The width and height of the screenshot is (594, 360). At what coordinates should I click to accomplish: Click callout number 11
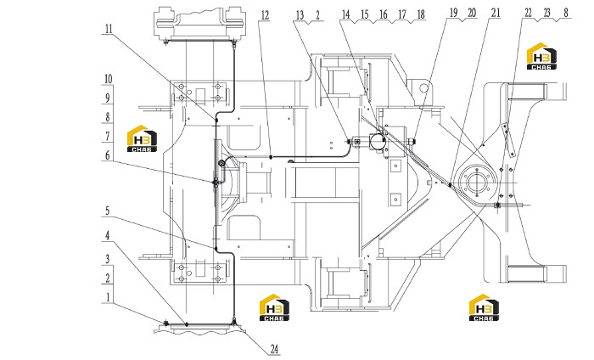click(109, 29)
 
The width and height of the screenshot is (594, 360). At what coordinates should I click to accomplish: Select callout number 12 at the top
click(265, 15)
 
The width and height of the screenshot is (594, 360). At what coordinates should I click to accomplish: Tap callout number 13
click(300, 15)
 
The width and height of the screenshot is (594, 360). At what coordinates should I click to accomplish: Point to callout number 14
click(346, 14)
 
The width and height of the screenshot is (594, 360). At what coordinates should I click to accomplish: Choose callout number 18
click(421, 14)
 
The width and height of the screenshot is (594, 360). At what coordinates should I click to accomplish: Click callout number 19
click(453, 13)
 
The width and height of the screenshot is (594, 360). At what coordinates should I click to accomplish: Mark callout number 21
click(496, 13)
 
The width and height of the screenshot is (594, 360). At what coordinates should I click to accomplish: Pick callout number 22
click(529, 13)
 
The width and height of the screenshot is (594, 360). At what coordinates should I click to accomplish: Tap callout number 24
click(275, 349)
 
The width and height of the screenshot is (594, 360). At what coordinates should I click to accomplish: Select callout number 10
click(109, 79)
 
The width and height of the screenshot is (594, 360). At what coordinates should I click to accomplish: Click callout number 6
click(108, 155)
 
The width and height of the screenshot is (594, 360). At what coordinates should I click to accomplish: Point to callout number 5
click(108, 211)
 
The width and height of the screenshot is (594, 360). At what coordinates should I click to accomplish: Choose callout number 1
click(108, 297)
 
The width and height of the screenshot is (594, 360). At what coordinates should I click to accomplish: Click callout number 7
click(108, 136)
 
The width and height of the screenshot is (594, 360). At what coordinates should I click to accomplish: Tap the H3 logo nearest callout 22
click(541, 56)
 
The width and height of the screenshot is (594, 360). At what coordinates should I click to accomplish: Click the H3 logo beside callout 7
click(142, 138)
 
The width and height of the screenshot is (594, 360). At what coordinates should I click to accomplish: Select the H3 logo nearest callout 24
click(274, 307)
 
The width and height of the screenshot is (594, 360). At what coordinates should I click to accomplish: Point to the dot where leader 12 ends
click(271, 157)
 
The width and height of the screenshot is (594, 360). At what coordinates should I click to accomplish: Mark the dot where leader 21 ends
click(450, 185)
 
